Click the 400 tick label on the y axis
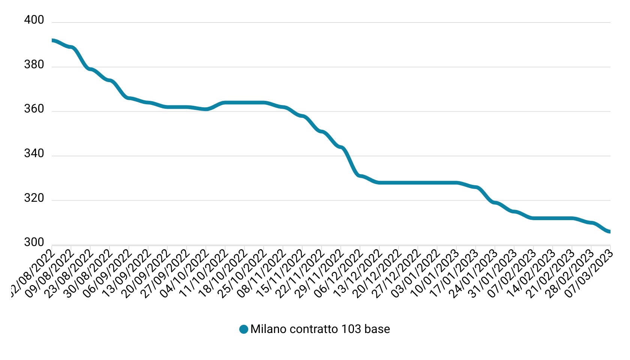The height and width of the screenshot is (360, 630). click(x=34, y=20)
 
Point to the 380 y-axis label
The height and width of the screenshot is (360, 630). click(x=34, y=65)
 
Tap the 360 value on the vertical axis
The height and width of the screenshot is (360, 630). click(x=34, y=109)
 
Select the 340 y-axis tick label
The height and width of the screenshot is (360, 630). click(x=34, y=154)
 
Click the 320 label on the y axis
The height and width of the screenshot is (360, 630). click(x=34, y=198)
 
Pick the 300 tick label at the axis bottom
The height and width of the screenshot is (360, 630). click(x=34, y=243)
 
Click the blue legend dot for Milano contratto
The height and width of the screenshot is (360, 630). click(x=244, y=329)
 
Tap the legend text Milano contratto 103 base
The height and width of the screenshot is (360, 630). click(x=320, y=329)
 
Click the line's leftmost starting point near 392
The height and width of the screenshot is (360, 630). click(x=52, y=40)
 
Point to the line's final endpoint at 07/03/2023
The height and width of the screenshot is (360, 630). click(x=610, y=232)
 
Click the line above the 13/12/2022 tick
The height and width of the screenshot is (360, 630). click(x=379, y=183)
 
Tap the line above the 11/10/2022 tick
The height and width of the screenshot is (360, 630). click(x=225, y=102)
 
